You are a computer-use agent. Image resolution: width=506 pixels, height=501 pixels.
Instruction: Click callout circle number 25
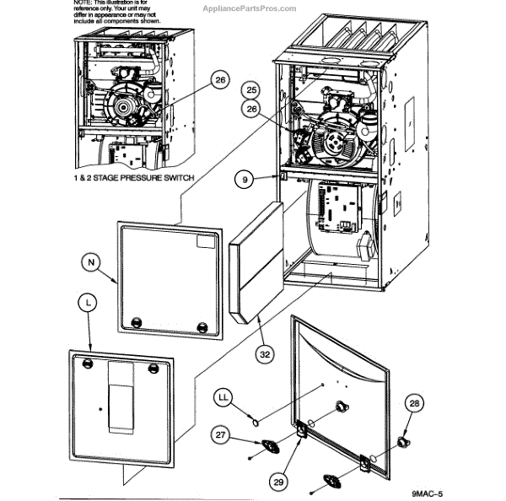250,89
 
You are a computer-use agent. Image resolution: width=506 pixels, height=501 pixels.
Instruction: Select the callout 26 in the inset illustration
219,80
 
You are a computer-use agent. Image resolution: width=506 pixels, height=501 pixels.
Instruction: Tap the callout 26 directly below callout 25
250,108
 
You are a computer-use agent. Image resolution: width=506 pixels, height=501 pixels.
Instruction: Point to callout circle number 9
244,179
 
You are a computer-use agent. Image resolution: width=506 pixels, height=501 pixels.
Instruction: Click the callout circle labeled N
92,262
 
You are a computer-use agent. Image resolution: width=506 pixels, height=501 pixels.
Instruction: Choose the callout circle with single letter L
89,301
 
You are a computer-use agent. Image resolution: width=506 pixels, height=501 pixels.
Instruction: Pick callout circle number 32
265,354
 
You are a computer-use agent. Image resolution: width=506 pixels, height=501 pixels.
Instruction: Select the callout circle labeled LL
224,395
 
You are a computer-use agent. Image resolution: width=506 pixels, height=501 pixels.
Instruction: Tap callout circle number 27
220,435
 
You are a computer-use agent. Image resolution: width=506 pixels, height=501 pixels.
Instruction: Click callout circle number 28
413,404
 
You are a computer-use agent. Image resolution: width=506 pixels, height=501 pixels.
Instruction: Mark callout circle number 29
277,480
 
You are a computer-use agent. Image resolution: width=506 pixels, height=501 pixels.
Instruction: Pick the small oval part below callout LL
251,415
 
